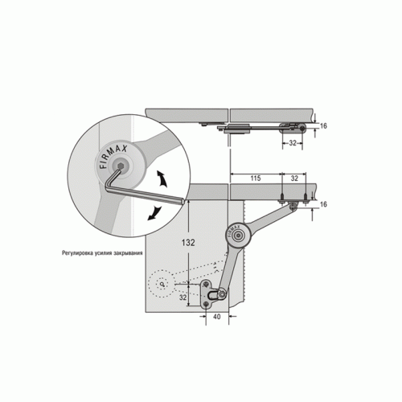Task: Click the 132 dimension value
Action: coord(188,243)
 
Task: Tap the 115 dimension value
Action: coord(256,178)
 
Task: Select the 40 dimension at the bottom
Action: coord(216,317)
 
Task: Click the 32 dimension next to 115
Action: coord(294,178)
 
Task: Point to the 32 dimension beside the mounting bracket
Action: coord(183,297)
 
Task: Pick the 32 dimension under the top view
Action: coord(293,143)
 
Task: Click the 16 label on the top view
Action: coord(323,125)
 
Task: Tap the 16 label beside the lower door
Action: coord(323,204)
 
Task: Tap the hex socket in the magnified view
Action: coord(121,166)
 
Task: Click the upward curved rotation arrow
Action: coord(162,178)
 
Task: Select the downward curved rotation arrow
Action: coord(155,213)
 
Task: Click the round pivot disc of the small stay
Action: coord(238,235)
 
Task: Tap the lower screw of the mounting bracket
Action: coord(206,304)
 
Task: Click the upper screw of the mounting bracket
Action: coord(207,284)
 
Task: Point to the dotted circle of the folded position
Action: coord(162,284)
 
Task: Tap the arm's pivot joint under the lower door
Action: coord(293,206)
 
